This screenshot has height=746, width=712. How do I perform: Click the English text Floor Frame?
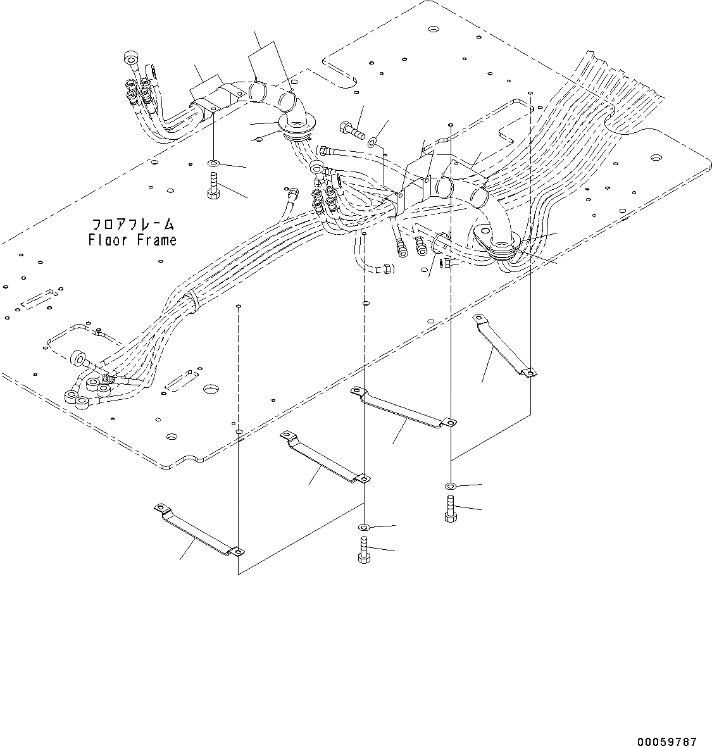click(x=132, y=240)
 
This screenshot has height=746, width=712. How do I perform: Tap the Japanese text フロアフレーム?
click(x=132, y=225)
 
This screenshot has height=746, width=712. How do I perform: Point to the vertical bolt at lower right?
click(x=449, y=509)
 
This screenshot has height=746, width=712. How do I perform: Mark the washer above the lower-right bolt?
click(x=449, y=485)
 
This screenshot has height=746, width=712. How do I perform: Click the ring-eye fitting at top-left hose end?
click(x=130, y=60)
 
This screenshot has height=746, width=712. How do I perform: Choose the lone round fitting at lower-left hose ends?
click(x=79, y=358)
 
